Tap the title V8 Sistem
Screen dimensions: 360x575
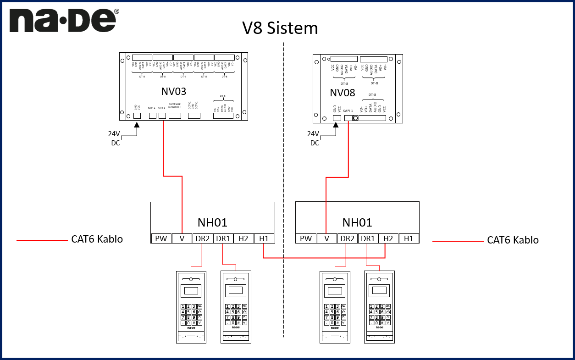[280, 28]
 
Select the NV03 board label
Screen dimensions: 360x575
[174, 91]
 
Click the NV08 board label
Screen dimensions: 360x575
[343, 93]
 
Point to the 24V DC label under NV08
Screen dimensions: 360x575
[314, 138]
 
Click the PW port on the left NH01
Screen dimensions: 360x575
[161, 238]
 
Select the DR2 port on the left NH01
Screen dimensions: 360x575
[202, 238]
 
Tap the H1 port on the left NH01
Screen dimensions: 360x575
[264, 238]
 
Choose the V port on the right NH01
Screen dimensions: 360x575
[326, 238]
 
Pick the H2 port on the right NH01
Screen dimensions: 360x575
[388, 238]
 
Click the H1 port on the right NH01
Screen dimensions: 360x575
[409, 238]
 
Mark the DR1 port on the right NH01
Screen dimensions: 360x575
[367, 238]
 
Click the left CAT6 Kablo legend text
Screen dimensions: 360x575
[97, 239]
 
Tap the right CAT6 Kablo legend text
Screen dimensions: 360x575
[513, 240]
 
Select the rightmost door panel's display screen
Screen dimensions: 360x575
[379, 290]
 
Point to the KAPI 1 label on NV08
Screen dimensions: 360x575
[348, 111]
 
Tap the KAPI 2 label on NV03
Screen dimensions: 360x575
[152, 108]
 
